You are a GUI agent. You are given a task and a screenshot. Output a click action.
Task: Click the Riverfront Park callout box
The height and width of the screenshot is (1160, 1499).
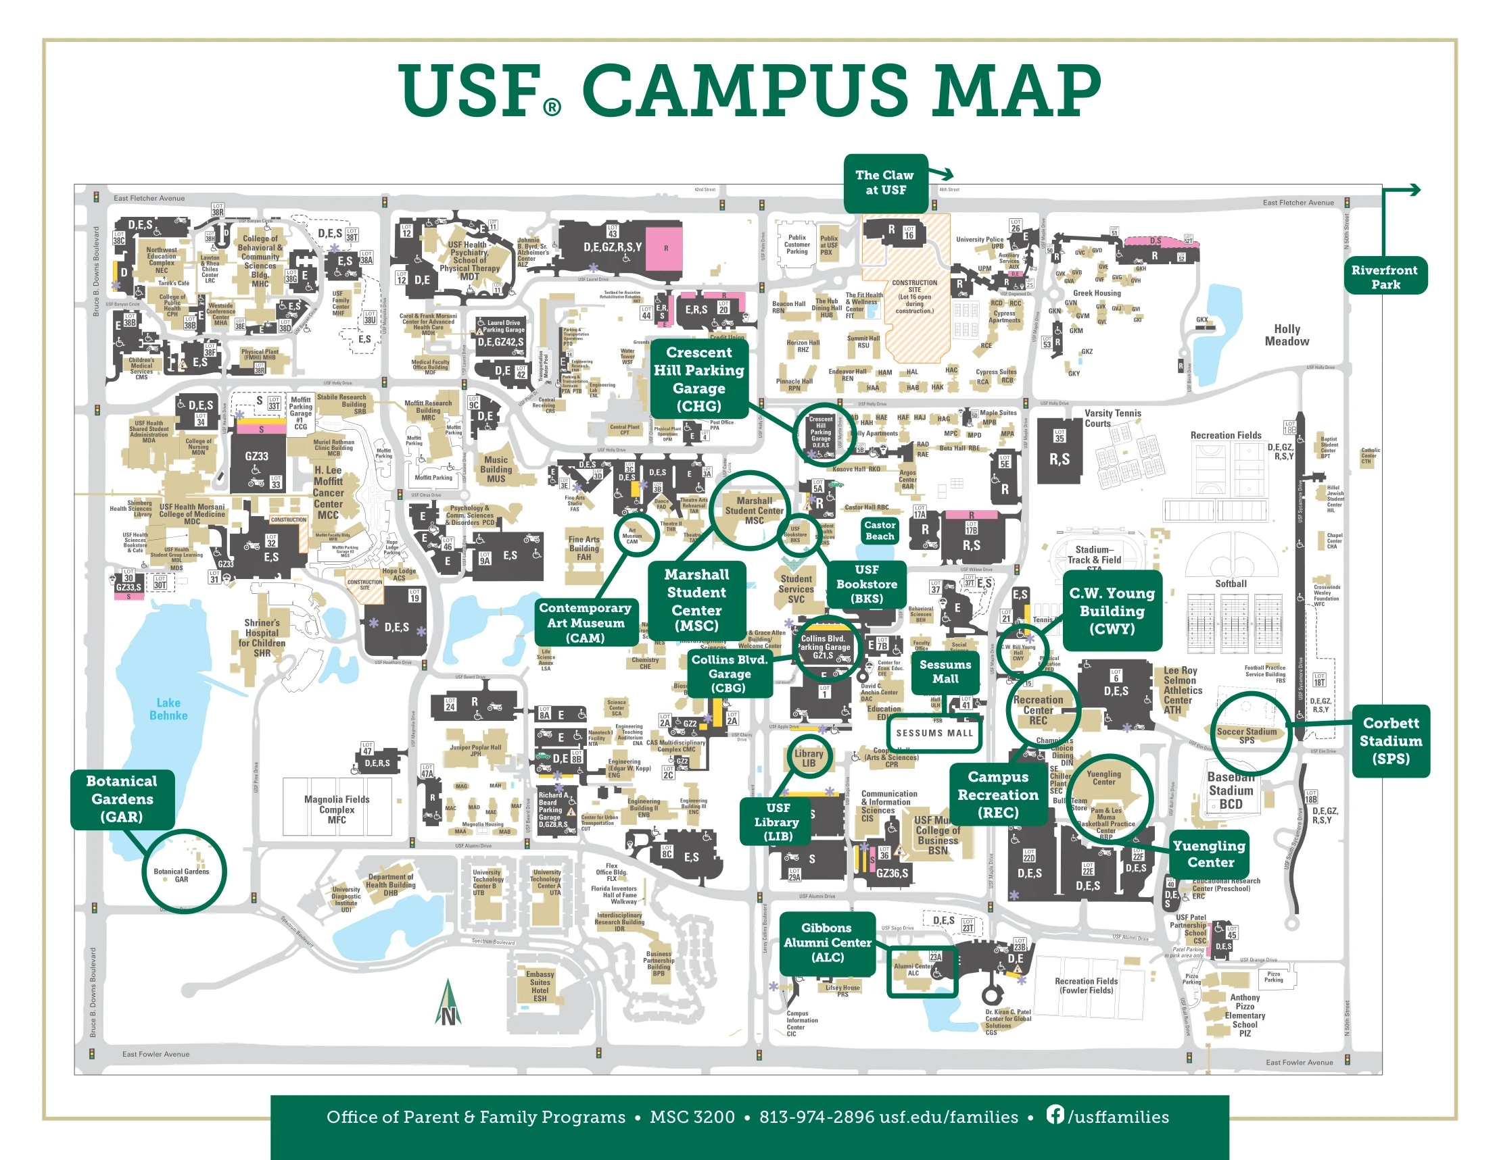click(x=1384, y=276)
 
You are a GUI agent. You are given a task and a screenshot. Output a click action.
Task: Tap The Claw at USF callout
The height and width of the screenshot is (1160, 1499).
click(x=884, y=182)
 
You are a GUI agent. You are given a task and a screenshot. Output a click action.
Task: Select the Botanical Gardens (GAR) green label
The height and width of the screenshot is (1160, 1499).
click(x=122, y=799)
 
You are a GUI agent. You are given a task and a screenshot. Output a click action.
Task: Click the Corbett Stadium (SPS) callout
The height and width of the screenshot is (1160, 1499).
click(x=1390, y=741)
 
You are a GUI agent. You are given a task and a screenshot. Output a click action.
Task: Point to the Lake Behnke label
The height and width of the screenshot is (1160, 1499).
click(x=168, y=709)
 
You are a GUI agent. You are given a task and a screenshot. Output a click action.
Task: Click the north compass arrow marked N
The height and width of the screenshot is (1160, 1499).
click(x=448, y=1005)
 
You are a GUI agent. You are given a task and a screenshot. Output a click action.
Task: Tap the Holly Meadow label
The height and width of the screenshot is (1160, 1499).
click(x=1286, y=335)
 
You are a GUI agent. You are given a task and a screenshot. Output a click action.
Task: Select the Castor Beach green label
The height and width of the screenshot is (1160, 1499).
click(x=879, y=530)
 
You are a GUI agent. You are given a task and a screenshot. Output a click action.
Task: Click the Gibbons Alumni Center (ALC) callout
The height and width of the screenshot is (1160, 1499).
click(x=827, y=942)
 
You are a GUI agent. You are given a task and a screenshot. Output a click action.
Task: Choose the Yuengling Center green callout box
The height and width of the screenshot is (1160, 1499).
click(x=1210, y=854)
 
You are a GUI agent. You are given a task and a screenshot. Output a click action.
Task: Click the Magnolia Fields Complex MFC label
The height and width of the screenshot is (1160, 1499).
click(x=336, y=809)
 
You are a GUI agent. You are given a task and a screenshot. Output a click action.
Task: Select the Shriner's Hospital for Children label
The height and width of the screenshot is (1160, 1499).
click(x=262, y=638)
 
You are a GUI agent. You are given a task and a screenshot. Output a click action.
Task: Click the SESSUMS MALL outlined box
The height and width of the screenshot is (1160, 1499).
click(x=934, y=732)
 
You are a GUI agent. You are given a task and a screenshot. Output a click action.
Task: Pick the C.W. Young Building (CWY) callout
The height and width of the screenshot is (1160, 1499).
click(x=1111, y=611)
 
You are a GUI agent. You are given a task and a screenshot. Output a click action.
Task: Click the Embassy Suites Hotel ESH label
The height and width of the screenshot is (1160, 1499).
click(x=540, y=986)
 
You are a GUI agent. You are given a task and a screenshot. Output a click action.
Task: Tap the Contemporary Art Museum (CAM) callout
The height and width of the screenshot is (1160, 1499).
click(x=585, y=622)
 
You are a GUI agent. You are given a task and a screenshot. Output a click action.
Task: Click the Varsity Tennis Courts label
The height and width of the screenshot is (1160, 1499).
click(x=1112, y=418)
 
